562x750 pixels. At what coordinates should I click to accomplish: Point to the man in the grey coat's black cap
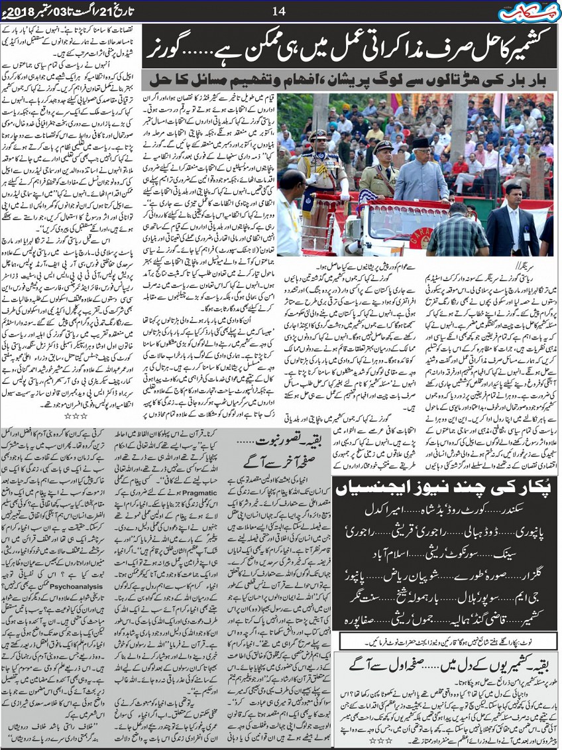[420, 144]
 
